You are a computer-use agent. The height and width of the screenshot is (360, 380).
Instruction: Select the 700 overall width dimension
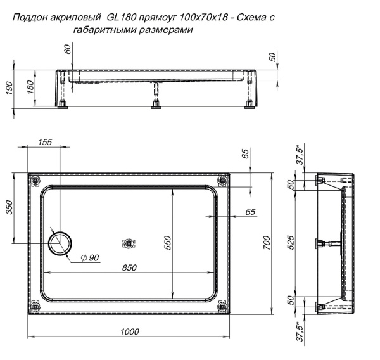tap(267, 242)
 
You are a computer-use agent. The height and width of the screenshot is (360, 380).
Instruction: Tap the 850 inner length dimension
tap(129, 267)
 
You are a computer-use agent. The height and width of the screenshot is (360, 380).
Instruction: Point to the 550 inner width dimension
tap(168, 242)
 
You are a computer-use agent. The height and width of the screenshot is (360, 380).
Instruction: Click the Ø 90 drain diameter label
tap(91, 258)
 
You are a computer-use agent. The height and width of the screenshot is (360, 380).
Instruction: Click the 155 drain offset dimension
tap(45, 143)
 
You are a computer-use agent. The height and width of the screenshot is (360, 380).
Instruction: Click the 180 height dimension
tap(29, 87)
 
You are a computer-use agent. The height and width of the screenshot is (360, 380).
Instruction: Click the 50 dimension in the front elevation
tap(273, 57)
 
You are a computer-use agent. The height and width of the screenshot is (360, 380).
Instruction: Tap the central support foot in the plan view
tap(129, 243)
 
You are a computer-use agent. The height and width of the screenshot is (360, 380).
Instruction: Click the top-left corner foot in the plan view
tap(35, 181)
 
